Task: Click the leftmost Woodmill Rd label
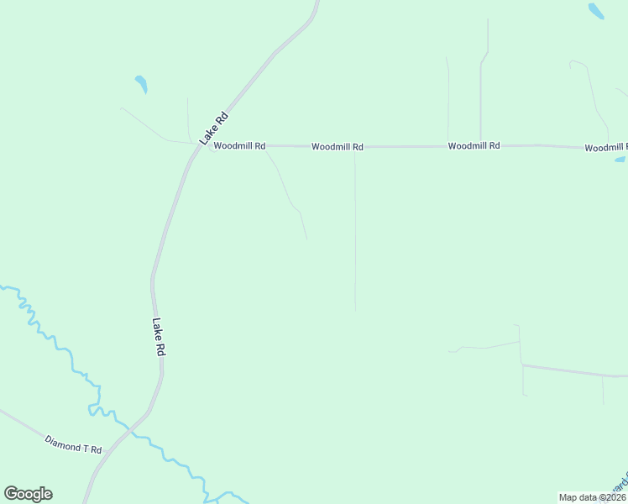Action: [239, 146]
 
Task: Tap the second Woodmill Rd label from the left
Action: [337, 147]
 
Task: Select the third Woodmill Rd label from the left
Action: [474, 146]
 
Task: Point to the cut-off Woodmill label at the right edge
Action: [605, 148]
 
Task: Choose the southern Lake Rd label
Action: [158, 337]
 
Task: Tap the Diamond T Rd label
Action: [73, 444]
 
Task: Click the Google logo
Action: [28, 494]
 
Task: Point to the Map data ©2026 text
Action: [592, 497]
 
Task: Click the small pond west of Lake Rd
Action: [141, 84]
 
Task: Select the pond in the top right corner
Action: [595, 10]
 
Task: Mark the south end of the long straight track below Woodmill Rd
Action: [355, 310]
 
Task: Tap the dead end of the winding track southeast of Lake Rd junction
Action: [306, 239]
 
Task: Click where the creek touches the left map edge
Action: [3, 287]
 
